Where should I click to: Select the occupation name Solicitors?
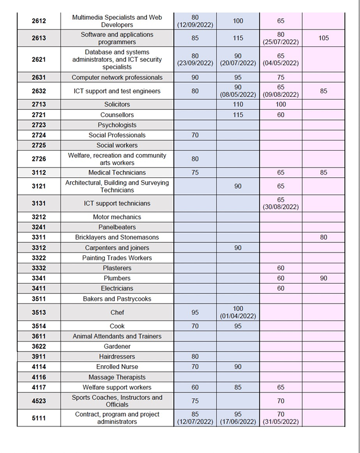[117, 105]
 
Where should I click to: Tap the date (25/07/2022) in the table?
[281, 42]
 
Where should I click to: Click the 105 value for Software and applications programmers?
[323, 38]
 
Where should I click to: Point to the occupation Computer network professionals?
[117, 78]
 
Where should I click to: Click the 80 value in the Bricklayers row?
[323, 238]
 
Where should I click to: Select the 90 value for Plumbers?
[323, 279]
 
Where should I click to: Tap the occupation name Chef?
[117, 313]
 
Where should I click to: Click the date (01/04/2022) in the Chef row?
[238, 317]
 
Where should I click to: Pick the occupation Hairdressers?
[117, 357]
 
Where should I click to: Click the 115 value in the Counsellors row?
[238, 115]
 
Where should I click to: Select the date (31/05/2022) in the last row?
[281, 422]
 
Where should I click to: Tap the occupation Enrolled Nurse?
[117, 367]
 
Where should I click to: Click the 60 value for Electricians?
[281, 289]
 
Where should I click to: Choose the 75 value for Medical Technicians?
[195, 173]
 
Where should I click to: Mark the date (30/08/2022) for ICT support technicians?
[281, 207]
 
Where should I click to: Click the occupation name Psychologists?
[117, 125]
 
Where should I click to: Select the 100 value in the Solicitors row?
[281, 105]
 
